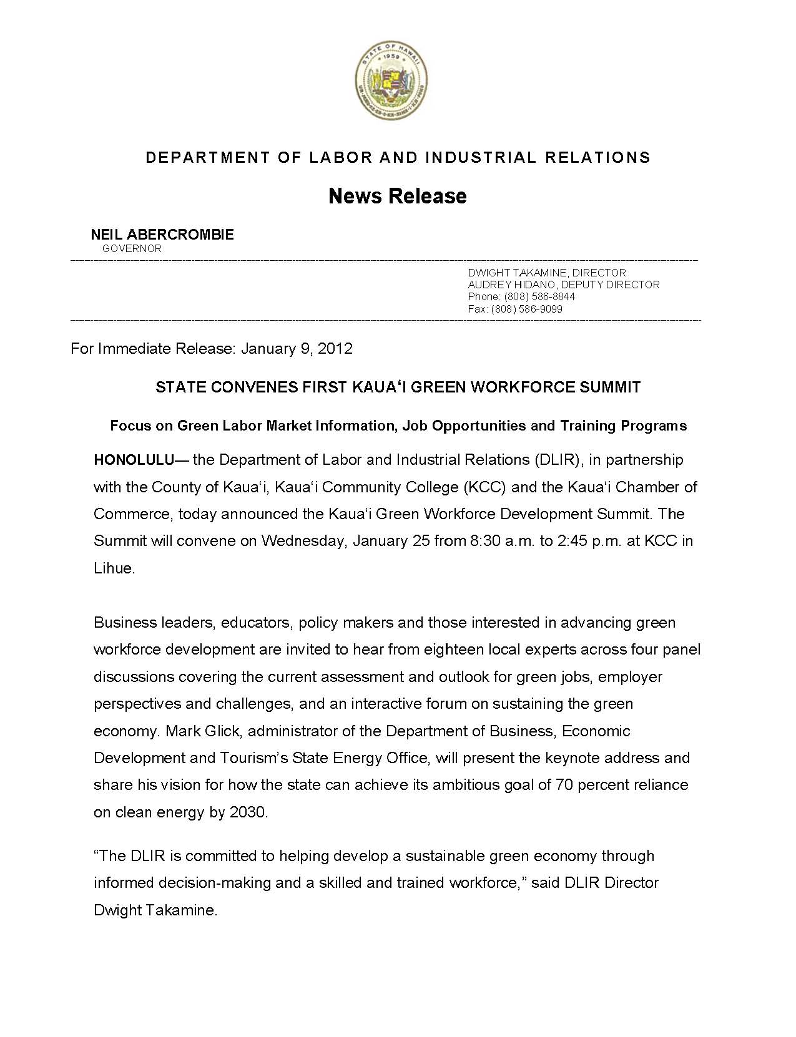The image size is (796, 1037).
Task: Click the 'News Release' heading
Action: (398, 196)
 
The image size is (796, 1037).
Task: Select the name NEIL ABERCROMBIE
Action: (162, 235)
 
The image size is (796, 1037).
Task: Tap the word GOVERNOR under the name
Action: (132, 248)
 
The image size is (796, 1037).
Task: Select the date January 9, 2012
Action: (297, 348)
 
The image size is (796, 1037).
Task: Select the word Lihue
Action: (114, 568)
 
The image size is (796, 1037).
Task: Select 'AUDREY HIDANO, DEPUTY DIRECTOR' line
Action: (563, 285)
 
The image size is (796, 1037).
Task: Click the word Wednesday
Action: (303, 541)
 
